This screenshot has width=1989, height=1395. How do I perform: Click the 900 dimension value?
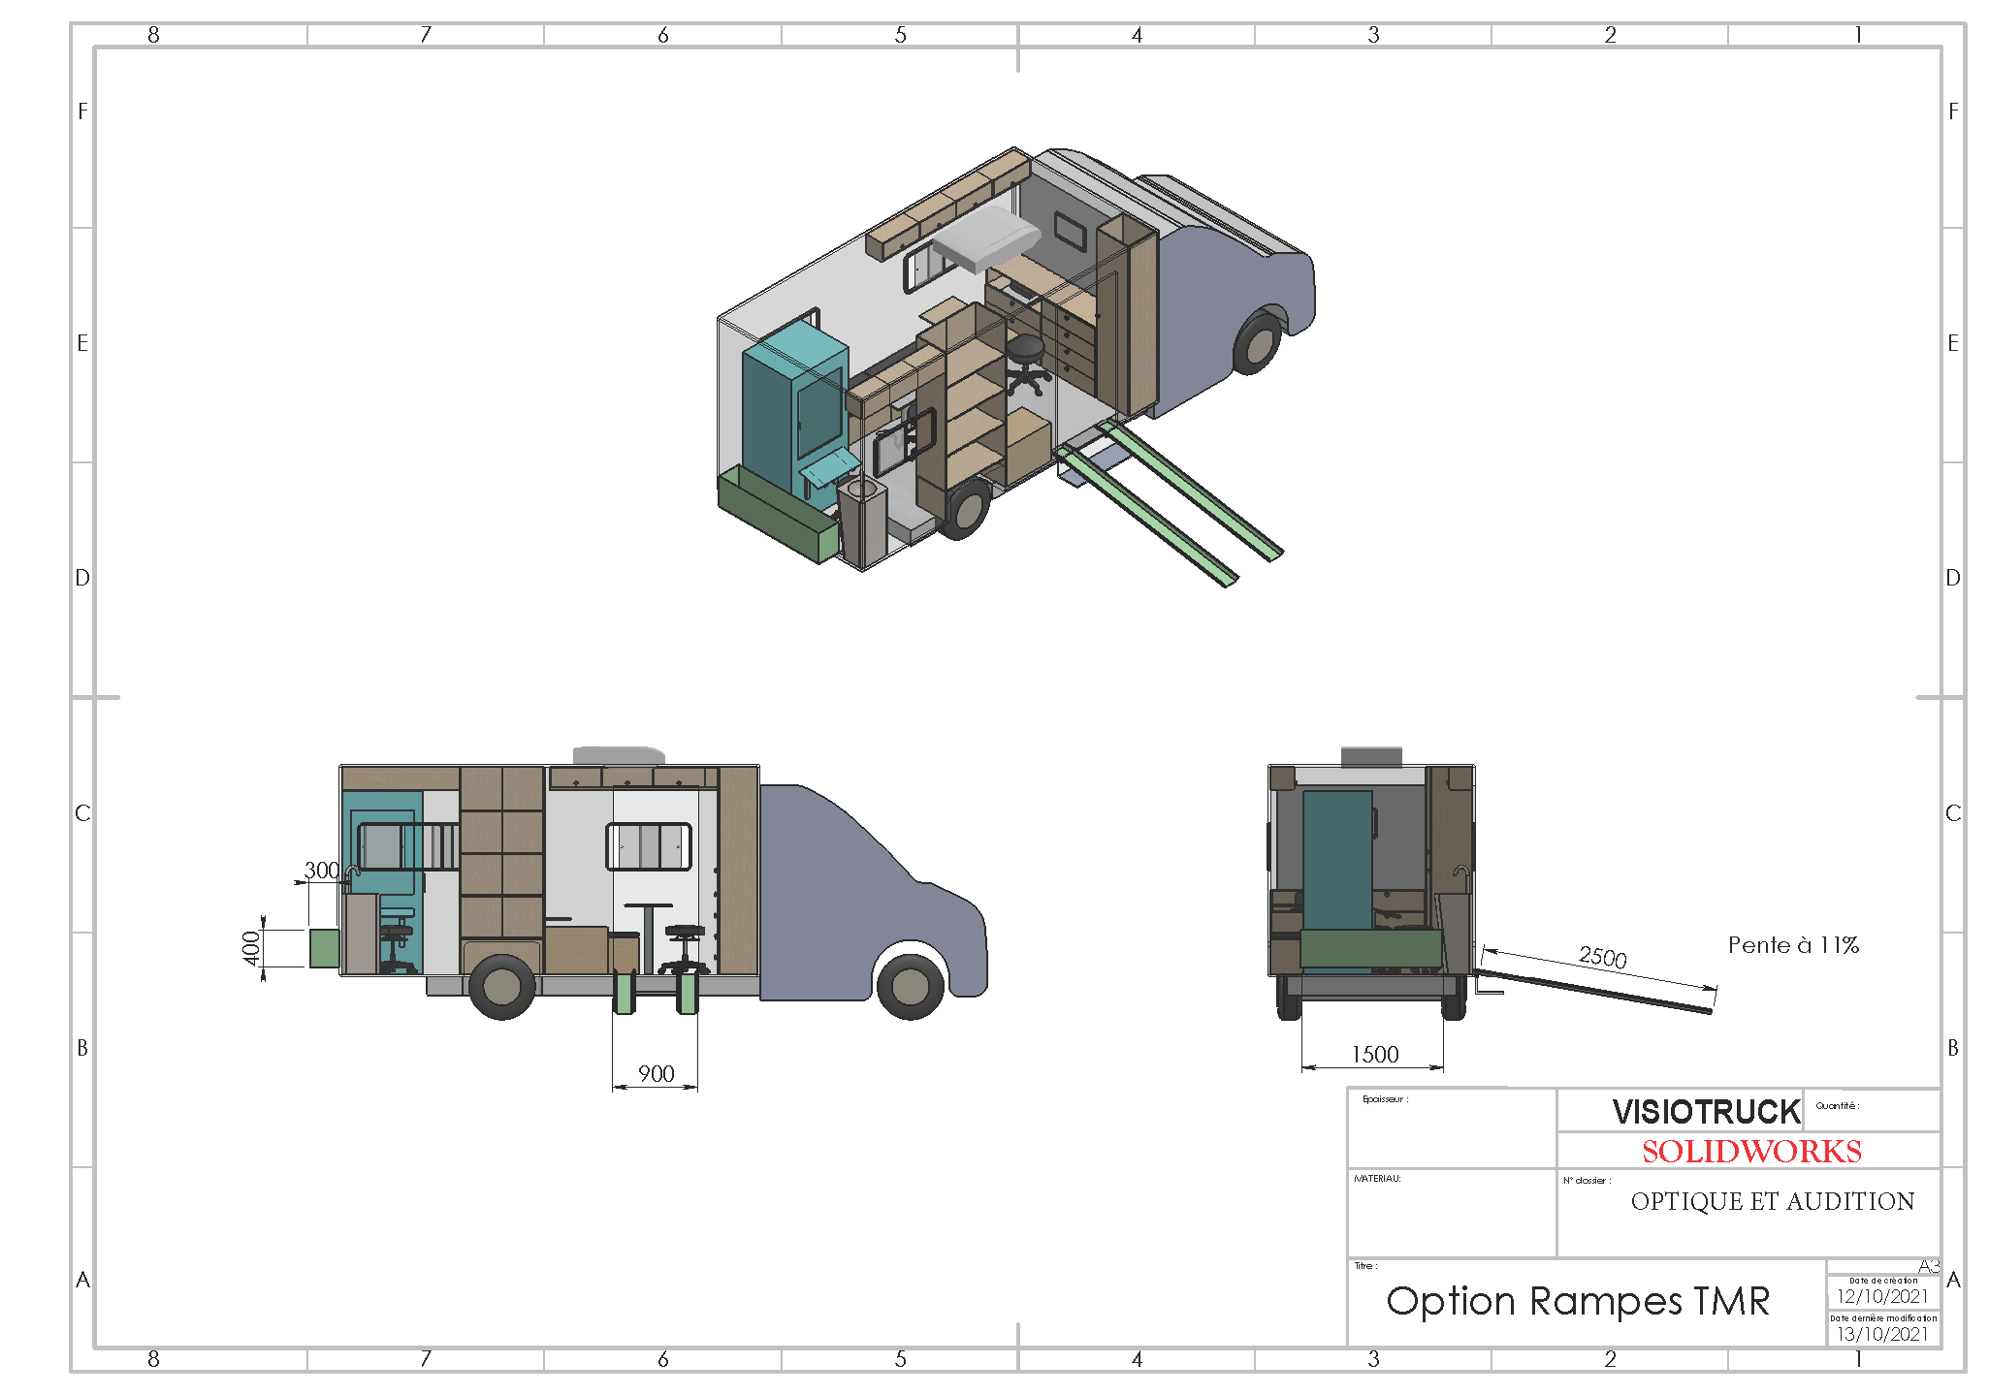656,1073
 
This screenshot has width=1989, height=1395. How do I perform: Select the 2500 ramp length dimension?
1602,957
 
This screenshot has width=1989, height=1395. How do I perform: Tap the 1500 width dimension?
1374,1054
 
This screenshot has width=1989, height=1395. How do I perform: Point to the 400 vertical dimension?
251,947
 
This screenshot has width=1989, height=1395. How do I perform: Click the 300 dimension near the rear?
321,870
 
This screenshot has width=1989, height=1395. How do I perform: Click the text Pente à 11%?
1792,944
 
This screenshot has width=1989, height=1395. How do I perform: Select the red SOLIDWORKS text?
1750,1151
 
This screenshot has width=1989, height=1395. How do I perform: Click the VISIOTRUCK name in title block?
1705,1111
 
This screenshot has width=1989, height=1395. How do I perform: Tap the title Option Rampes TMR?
1577,1301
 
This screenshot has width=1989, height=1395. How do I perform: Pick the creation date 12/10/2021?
1881,1296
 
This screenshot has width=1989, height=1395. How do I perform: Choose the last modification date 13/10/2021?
1881,1334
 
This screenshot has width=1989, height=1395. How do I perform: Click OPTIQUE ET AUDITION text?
1772,1201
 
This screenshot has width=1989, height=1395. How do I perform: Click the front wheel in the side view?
910,986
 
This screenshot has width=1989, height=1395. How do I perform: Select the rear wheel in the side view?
501,986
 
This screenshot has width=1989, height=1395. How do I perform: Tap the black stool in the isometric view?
1026,362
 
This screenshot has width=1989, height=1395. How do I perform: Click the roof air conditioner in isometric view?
986,237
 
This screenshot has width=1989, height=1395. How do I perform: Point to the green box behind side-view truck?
324,947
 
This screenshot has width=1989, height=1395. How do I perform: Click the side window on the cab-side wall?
648,846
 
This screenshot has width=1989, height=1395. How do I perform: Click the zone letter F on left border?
82,111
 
